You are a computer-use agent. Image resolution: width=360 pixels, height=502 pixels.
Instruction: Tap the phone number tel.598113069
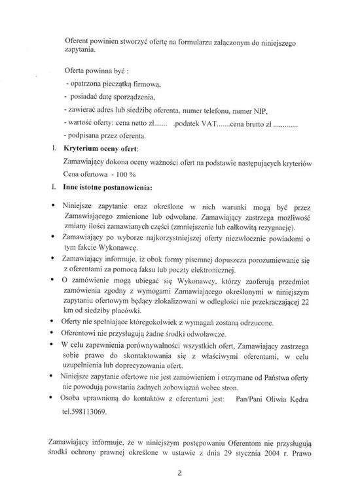point(84,412)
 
